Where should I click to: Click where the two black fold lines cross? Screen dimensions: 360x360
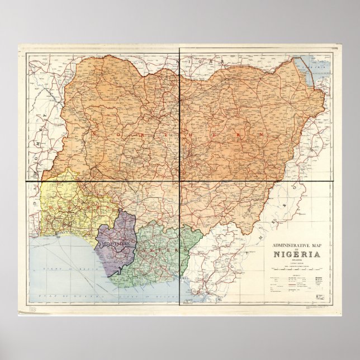click(179, 181)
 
